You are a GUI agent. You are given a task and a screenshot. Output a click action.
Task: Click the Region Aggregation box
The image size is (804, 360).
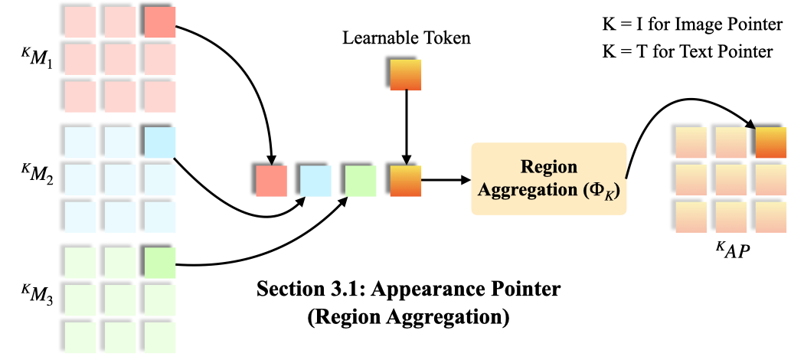click(548, 178)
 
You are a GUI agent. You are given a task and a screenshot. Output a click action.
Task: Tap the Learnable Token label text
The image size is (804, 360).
click(405, 37)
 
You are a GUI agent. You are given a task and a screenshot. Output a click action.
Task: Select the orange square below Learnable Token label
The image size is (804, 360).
click(406, 75)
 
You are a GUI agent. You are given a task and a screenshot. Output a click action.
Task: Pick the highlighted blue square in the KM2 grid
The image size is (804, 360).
click(159, 142)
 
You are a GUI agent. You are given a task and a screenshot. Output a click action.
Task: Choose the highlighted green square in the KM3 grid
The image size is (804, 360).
click(159, 262)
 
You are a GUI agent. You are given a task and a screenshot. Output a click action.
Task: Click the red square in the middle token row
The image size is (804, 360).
click(270, 181)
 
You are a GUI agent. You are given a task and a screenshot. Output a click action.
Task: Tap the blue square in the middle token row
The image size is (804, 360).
click(315, 181)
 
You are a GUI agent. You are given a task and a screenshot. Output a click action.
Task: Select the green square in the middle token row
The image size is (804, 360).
click(360, 181)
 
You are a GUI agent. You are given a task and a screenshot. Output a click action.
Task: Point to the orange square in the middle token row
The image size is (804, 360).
click(405, 181)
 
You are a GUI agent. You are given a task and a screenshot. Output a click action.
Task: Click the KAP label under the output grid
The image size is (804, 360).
click(727, 250)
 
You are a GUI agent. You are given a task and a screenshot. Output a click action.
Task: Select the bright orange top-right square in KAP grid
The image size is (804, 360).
click(770, 142)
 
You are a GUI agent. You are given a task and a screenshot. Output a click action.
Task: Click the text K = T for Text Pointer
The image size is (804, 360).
click(687, 51)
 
